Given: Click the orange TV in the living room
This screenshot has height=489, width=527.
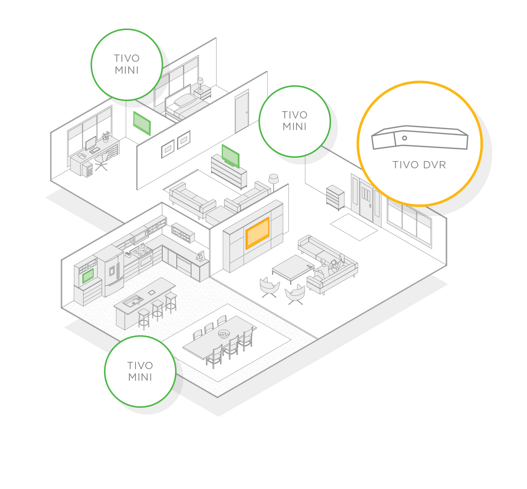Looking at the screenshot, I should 257,233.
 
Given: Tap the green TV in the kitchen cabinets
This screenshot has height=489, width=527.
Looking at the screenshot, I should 88,276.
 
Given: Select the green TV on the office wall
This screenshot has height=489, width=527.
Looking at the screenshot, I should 142,123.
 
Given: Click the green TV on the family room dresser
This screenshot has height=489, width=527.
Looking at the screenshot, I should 230,156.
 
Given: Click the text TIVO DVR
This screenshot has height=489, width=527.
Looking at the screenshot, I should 419,165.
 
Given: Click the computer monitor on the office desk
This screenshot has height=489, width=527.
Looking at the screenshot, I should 91,143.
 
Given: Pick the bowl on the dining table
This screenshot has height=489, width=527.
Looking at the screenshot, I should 224,334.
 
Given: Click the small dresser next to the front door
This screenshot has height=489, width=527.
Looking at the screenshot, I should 335,197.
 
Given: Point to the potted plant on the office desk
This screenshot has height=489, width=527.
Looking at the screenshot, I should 106,137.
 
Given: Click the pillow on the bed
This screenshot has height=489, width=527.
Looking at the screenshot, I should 185,99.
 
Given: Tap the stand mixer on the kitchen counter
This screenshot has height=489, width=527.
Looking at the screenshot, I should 200,256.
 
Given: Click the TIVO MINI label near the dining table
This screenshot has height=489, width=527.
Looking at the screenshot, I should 140,371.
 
